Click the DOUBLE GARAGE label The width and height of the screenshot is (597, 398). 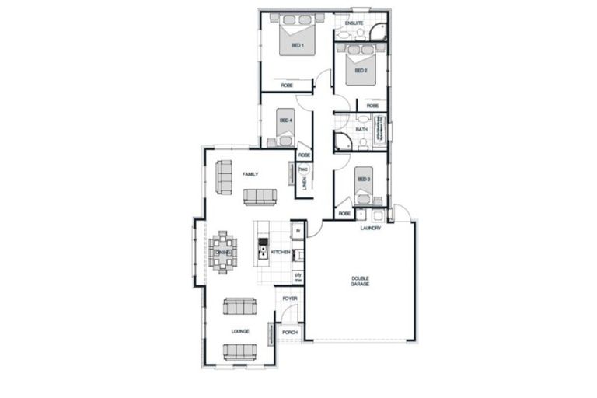[x=360, y=281]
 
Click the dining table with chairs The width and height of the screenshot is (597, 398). [x=223, y=252]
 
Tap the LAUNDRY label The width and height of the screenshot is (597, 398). [x=370, y=229]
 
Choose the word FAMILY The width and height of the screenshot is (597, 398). [x=250, y=174]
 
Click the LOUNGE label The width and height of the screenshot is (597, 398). [x=239, y=331]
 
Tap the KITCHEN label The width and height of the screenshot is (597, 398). [x=280, y=253]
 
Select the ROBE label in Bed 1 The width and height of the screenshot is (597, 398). [x=287, y=85]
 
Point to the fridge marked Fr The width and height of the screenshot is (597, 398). [x=297, y=231]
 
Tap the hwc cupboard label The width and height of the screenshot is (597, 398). [x=304, y=169]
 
